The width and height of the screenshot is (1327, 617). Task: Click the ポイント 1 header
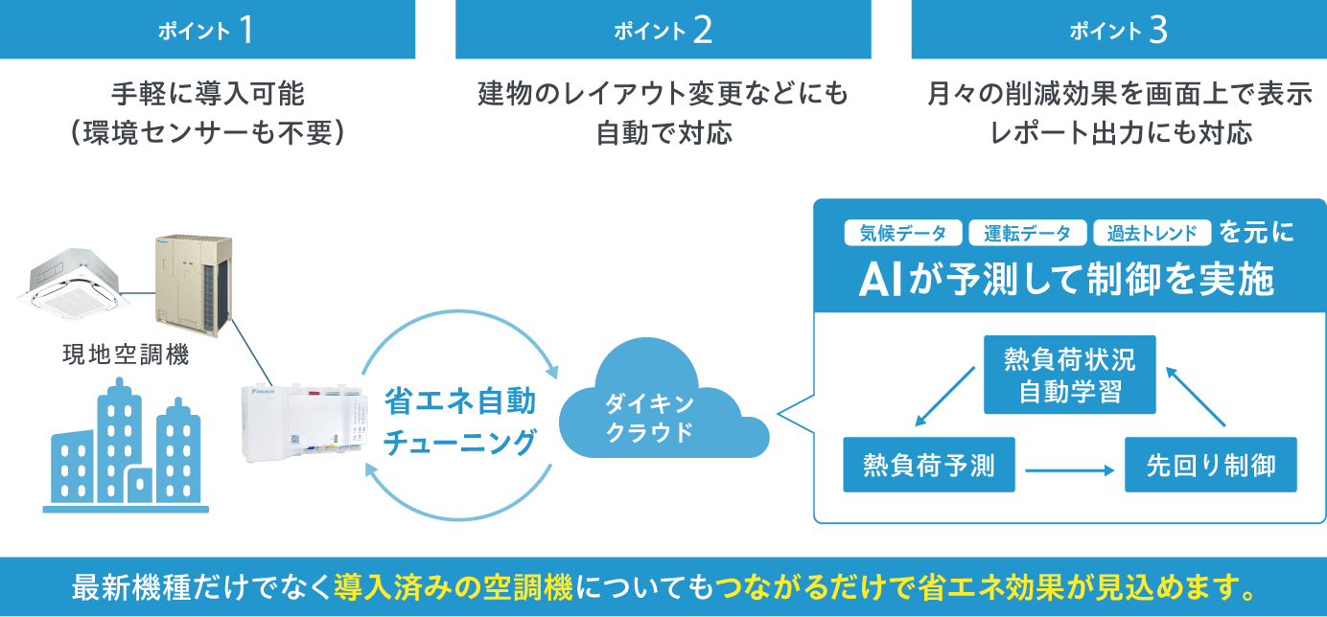point(207,30)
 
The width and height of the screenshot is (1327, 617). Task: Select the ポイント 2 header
point(663,30)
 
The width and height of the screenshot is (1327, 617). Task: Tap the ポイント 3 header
point(1118,30)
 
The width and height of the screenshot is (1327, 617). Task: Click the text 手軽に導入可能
point(207,94)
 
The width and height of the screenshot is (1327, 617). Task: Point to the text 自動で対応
point(663,132)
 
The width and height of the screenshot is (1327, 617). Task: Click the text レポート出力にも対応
point(1118,132)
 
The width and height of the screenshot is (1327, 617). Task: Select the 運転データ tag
point(1027,233)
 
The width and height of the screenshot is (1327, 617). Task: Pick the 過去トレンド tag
point(1152,233)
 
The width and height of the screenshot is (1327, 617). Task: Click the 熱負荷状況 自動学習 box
point(1069,375)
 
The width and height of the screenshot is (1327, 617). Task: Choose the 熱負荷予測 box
point(928,466)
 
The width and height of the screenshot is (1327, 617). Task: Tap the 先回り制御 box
point(1210,466)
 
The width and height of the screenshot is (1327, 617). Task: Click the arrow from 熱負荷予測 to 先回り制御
point(1069,470)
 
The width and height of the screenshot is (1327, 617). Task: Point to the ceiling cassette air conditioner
point(72,285)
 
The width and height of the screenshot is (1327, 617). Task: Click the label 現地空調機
point(126,355)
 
